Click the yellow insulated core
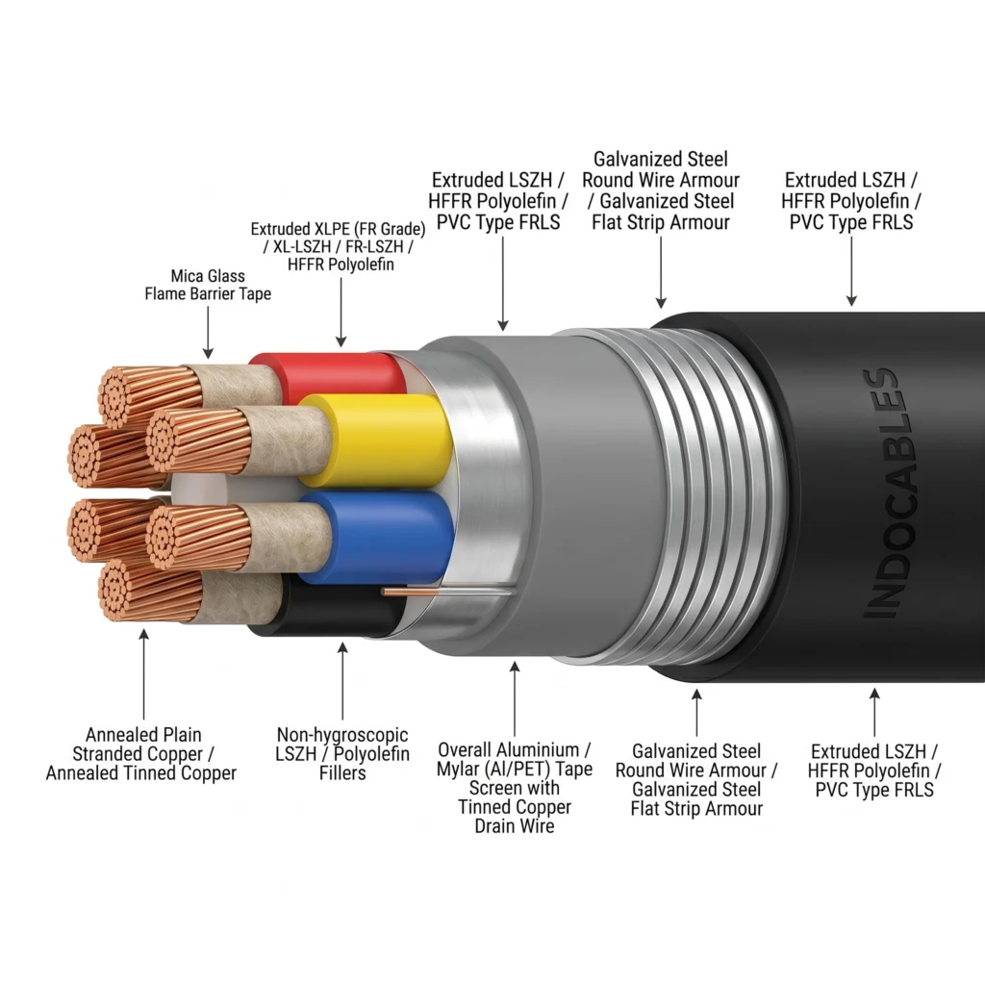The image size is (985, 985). click(376, 441)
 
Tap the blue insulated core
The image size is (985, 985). click(377, 538)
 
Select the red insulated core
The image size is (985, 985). click(327, 377)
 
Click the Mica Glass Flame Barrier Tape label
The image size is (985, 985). click(208, 285)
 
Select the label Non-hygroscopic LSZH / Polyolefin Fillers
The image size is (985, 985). click(342, 754)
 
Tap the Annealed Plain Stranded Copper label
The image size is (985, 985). click(141, 754)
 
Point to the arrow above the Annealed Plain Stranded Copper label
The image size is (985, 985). click(144, 674)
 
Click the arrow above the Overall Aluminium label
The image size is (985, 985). click(515, 698)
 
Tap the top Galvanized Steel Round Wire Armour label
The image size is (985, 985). click(661, 190)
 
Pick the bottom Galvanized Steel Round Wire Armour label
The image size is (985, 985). click(696, 779)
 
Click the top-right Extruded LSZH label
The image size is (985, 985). click(851, 201)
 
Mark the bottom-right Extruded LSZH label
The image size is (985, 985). click(874, 770)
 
